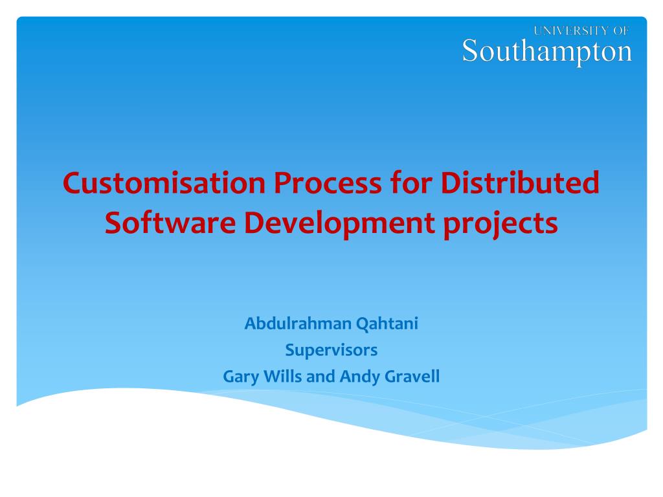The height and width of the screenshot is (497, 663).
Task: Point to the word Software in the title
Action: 170,223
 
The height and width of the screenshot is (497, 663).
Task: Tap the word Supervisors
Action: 331,351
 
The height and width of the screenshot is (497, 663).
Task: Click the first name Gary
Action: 240,377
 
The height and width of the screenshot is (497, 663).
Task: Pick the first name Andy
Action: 359,377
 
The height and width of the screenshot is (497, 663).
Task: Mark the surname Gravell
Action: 412,376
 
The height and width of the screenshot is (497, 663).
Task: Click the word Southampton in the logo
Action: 547,50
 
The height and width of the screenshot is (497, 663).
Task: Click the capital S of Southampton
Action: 471,50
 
